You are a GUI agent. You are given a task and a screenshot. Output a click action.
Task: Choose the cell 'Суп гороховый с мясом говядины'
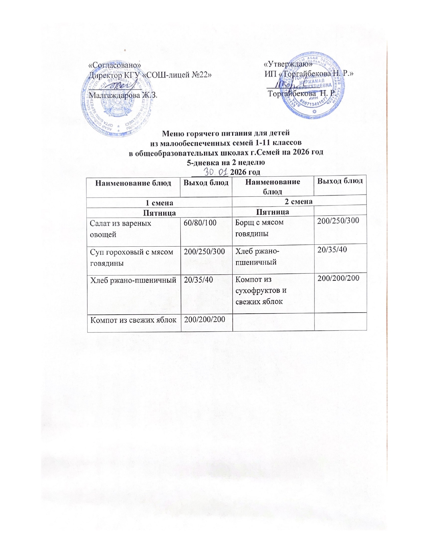[x=132, y=257]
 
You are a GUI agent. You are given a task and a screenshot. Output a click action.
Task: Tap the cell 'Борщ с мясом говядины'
[x=259, y=228]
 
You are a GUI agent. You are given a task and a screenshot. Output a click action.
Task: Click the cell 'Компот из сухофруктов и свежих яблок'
[x=260, y=290]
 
